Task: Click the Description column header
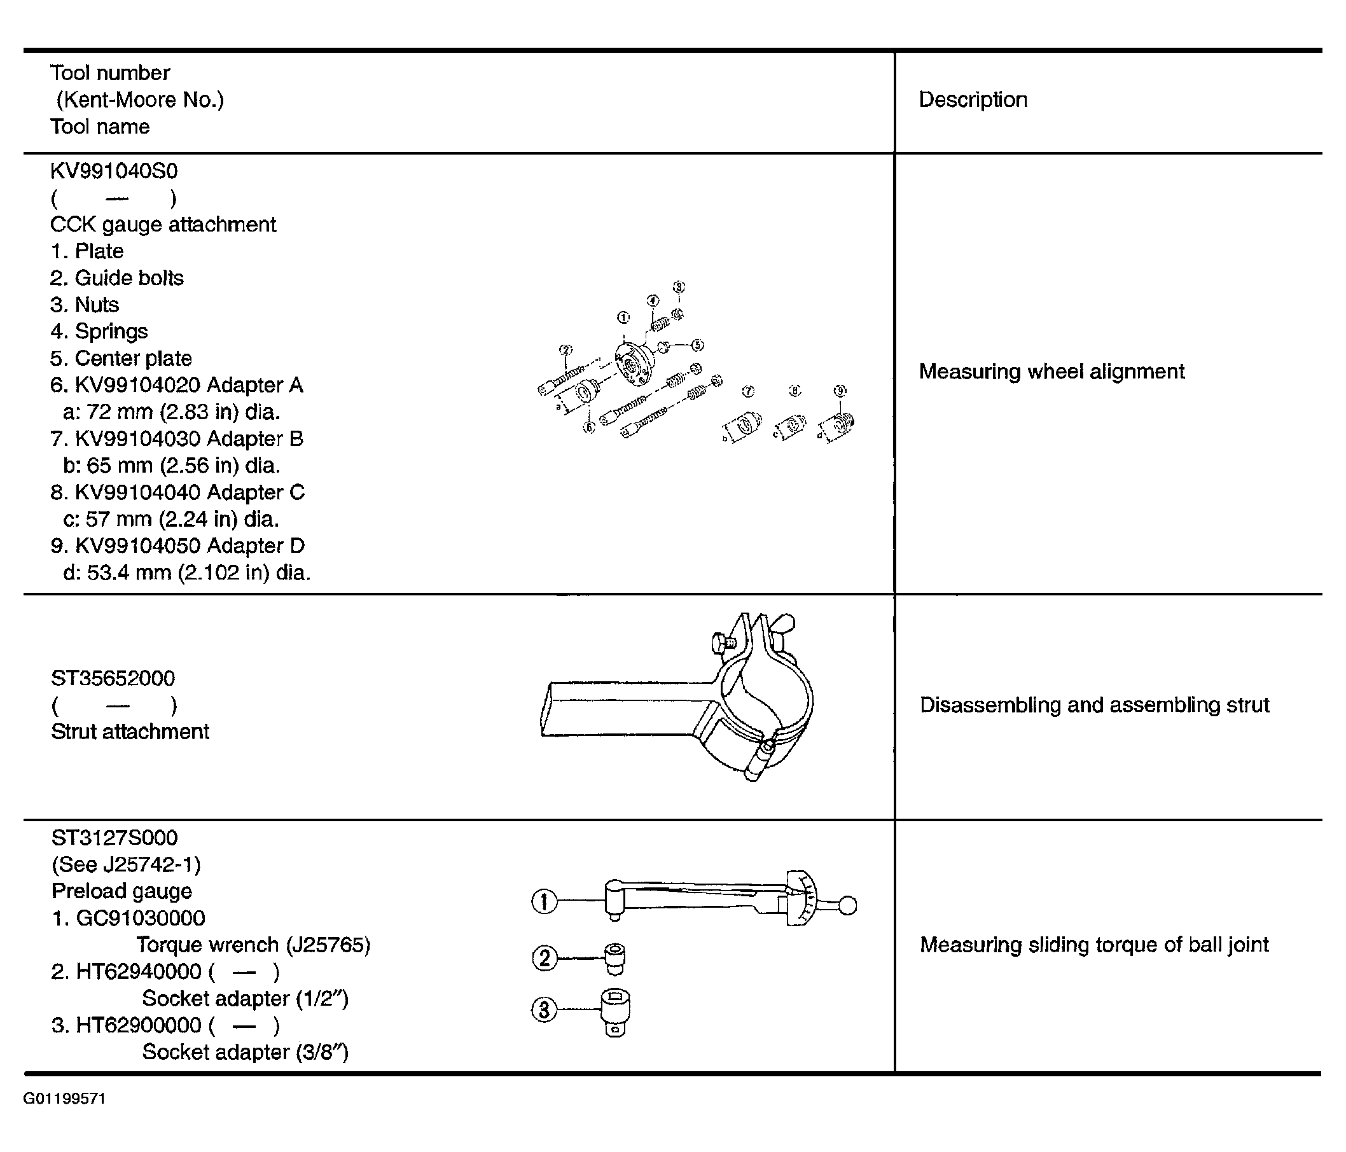[973, 99]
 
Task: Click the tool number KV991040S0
[114, 171]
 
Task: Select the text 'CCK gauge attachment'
[163, 225]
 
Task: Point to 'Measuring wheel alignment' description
[1051, 371]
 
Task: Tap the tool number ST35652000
[113, 678]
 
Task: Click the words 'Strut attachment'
[130, 732]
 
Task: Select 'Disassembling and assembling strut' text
[1095, 705]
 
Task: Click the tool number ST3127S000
[114, 838]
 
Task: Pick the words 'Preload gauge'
[122, 891]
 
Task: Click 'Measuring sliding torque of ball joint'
[1095, 945]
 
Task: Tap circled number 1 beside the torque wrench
[545, 902]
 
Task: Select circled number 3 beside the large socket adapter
[545, 1010]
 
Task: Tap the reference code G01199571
[64, 1099]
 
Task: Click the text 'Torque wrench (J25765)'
[253, 945]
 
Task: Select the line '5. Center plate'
[121, 359]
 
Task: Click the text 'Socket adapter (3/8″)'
[246, 1052]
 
